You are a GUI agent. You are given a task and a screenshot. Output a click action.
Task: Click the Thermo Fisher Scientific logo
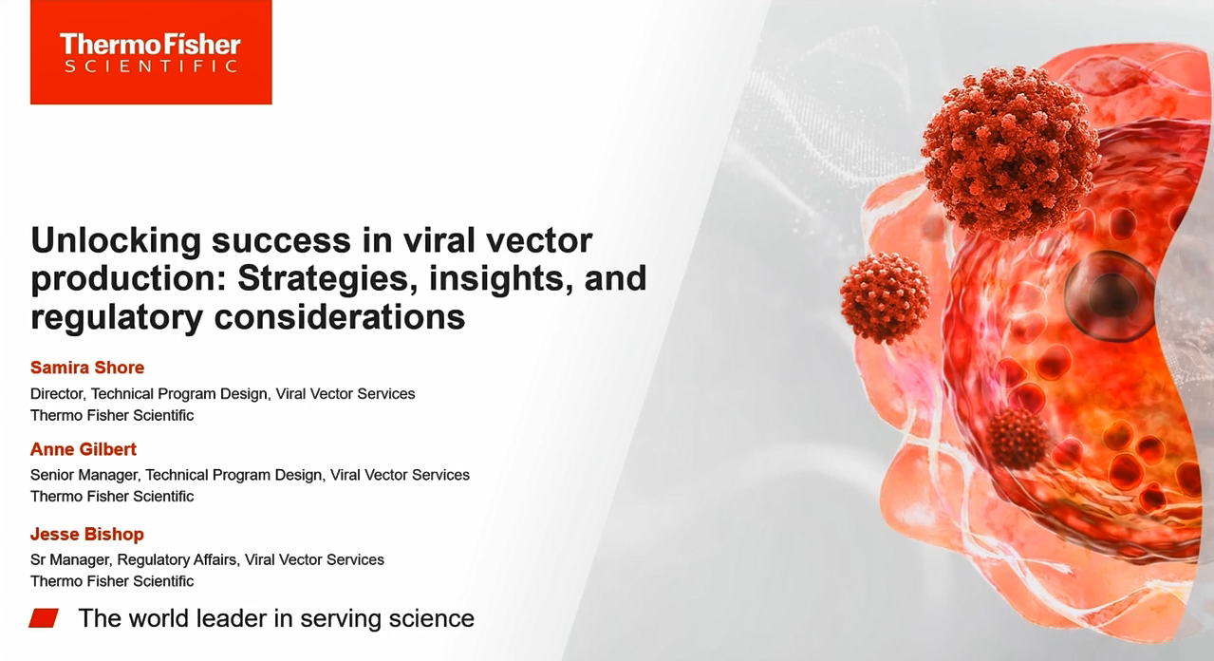(x=151, y=52)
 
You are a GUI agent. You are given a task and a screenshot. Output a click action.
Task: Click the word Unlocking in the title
(x=116, y=241)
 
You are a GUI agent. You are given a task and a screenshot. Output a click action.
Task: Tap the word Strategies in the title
(x=327, y=279)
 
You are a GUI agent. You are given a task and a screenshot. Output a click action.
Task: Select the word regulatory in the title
(x=117, y=317)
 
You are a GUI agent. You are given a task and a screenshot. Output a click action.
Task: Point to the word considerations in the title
(x=339, y=316)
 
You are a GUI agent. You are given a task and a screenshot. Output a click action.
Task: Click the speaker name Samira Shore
(x=87, y=368)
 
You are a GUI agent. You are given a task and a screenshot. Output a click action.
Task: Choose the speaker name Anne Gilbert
(x=84, y=449)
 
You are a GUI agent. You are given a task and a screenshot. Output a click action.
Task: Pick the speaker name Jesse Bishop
(x=87, y=534)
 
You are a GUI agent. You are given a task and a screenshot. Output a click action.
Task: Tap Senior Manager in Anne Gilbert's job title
(x=84, y=475)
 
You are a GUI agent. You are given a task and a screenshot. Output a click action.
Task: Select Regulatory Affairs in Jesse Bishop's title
(x=177, y=559)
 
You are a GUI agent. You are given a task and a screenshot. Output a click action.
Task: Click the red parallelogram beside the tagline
(x=44, y=618)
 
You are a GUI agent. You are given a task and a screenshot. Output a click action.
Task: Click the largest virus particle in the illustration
(x=1011, y=153)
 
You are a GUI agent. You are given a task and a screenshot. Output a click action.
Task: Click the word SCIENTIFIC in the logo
(x=151, y=66)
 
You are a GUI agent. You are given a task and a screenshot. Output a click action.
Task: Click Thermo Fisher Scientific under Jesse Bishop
(x=112, y=581)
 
